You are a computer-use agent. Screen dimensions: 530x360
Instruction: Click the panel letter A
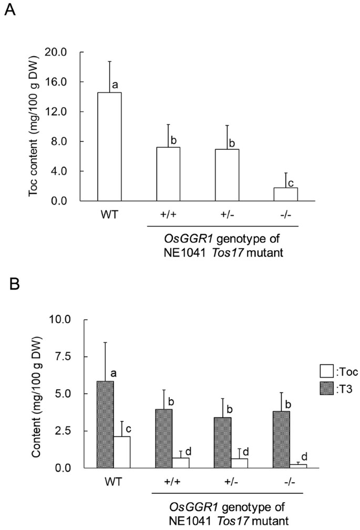(9, 10)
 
